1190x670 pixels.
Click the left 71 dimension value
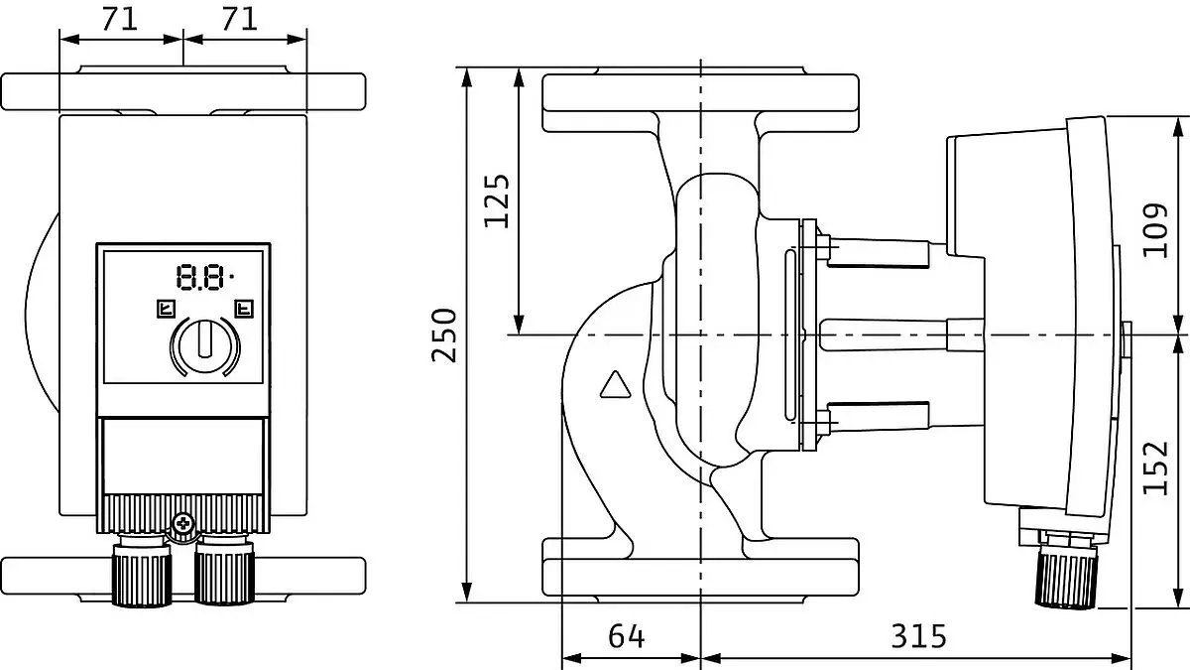coord(120,19)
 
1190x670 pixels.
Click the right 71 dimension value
coord(240,19)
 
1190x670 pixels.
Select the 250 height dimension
coord(444,335)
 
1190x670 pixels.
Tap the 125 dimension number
coord(497,201)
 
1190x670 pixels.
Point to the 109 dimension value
coord(1155,229)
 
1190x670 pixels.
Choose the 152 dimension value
coord(1155,468)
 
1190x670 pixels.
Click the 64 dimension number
coord(627,636)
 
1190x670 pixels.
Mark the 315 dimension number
coord(919,636)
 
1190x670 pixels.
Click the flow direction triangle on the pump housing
coord(615,384)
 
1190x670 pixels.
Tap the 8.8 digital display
coord(205,277)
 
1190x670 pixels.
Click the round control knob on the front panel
coord(205,346)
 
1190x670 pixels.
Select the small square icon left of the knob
coord(167,309)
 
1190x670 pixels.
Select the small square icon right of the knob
coord(244,309)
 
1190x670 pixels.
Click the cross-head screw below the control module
coord(182,523)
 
